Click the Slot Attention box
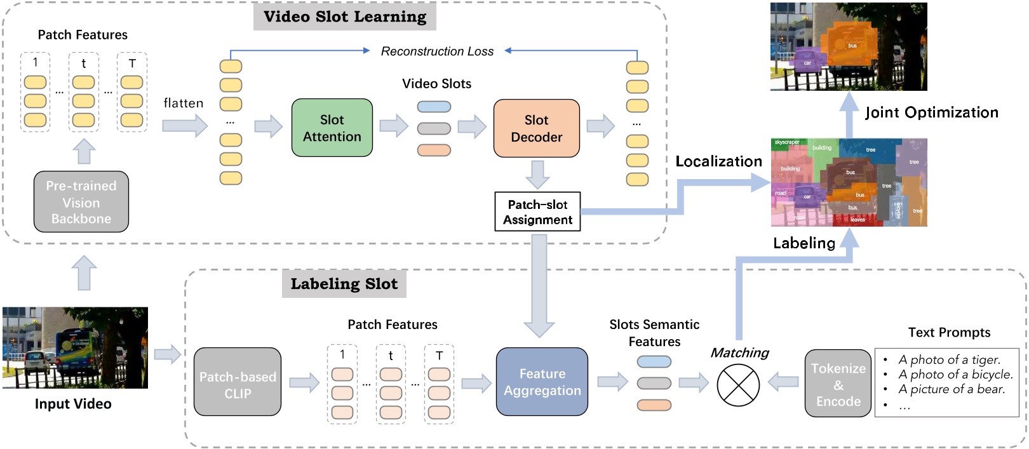[x=332, y=128]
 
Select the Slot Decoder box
[x=536, y=128]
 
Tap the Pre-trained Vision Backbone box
[x=81, y=202]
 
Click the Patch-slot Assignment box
[x=537, y=211]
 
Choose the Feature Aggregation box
[x=542, y=382]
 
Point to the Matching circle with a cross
[x=738, y=385]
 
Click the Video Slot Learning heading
[x=345, y=17]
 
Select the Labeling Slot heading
[x=344, y=284]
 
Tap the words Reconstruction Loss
[x=437, y=51]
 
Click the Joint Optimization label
[x=931, y=113]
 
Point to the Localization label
[x=718, y=161]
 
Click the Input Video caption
[x=73, y=404]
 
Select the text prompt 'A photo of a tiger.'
[x=949, y=359]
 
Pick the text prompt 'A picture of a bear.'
[x=952, y=389]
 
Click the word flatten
[x=184, y=103]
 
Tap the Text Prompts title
[x=949, y=332]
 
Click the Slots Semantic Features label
[x=654, y=333]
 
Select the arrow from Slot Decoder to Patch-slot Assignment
[x=537, y=175]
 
